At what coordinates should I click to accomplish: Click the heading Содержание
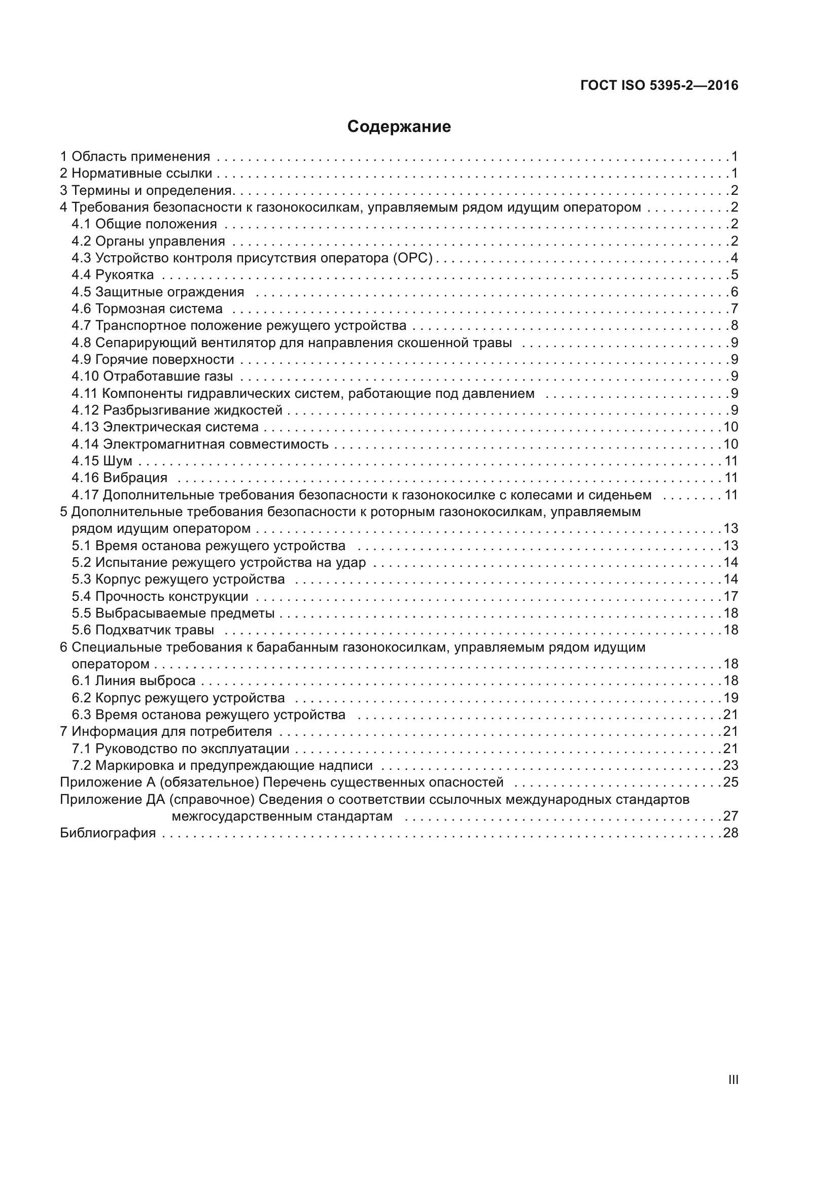point(399,127)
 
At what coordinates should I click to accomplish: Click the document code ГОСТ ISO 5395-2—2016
point(659,85)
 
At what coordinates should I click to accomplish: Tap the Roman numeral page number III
point(732,1079)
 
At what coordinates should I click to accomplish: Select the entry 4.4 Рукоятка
point(113,275)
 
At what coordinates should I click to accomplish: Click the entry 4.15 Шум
point(102,461)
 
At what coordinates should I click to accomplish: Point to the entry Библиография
point(108,833)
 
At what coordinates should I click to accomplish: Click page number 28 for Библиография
point(730,833)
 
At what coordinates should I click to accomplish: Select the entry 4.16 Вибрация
point(119,478)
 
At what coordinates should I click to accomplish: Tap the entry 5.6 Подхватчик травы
point(143,630)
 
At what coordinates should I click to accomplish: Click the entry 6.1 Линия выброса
point(133,681)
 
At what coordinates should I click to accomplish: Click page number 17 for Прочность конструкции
point(730,596)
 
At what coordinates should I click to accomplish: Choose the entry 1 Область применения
point(135,156)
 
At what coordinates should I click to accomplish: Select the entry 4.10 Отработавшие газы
point(152,376)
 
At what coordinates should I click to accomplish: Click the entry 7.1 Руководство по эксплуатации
point(180,749)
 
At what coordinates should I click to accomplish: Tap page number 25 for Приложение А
point(730,782)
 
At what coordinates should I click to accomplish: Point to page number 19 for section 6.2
point(730,698)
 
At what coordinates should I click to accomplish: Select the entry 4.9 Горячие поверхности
point(152,359)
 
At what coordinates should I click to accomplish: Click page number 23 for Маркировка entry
point(730,765)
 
